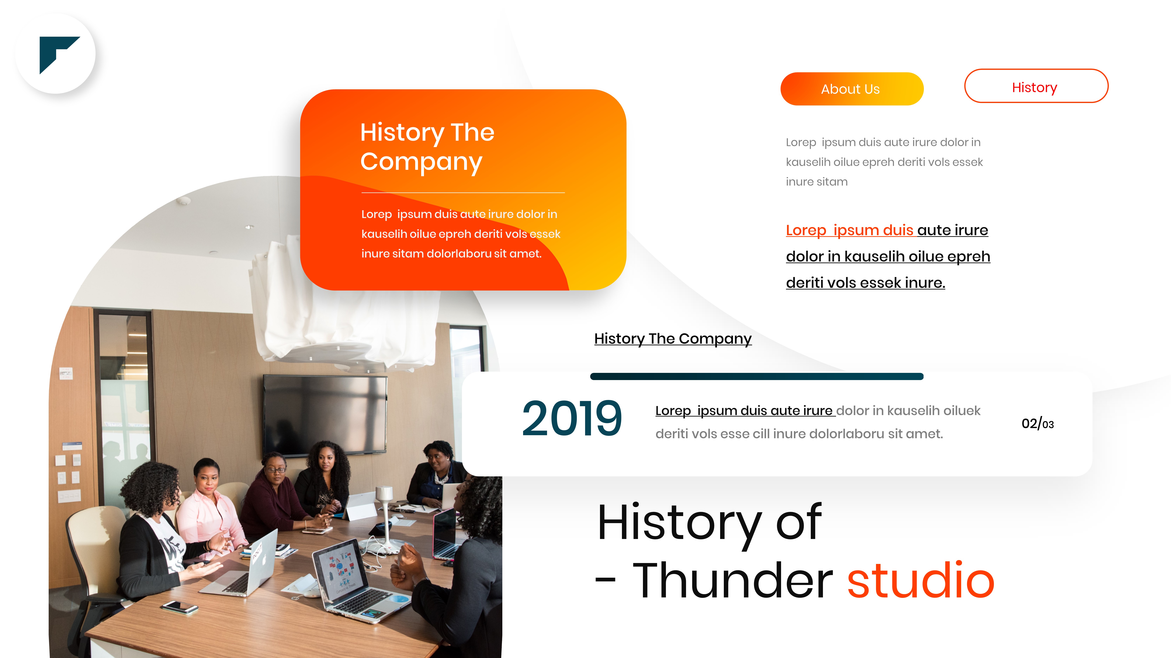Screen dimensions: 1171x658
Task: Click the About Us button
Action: [x=852, y=89]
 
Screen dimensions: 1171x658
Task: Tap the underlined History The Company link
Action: [x=673, y=339]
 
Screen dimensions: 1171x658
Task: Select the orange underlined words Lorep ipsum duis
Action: [x=849, y=230]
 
